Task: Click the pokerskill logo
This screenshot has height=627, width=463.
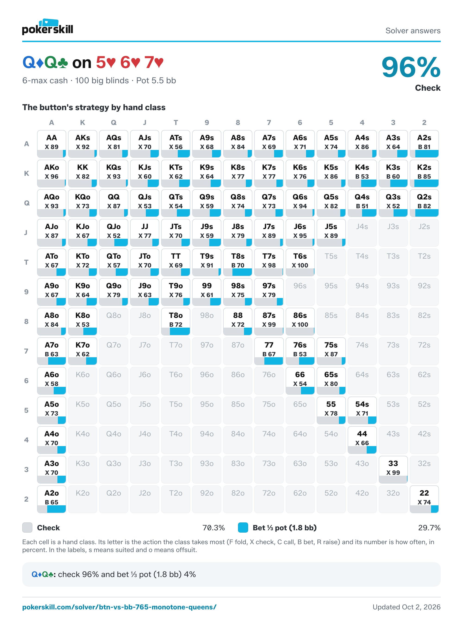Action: pos(48,27)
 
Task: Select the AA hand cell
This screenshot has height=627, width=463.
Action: pos(52,144)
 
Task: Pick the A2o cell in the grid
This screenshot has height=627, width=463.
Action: pos(52,499)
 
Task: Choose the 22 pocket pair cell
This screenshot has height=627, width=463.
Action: pos(424,499)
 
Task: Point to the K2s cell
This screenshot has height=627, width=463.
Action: pos(424,174)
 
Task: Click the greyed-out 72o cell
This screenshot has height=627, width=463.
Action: pos(269,499)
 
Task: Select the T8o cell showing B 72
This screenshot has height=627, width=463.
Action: pos(176,321)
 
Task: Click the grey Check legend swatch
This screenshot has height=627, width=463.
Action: pos(27,528)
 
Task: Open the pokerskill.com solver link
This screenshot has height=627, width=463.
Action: pos(119,607)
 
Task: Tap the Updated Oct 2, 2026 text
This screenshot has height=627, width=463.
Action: pos(406,607)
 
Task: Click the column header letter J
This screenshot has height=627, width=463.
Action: pos(145,123)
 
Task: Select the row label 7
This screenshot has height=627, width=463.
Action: pos(26,351)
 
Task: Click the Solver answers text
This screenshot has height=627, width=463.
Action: pos(413,31)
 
